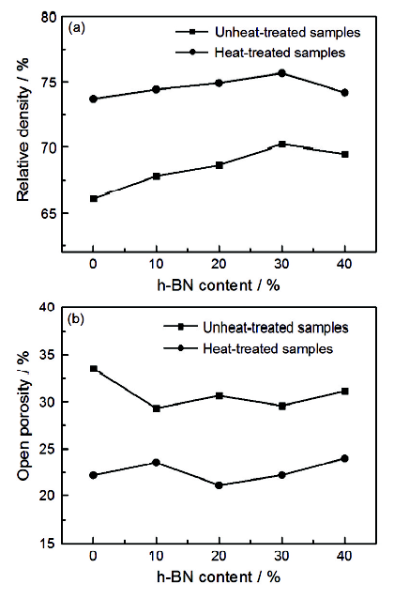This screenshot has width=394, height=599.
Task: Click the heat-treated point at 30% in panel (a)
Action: tap(281, 73)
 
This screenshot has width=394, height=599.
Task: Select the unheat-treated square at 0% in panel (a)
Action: tap(94, 199)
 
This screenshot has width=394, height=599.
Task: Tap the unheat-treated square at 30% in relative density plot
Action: tap(282, 144)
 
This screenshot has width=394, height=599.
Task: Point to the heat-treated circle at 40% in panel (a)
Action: tap(345, 92)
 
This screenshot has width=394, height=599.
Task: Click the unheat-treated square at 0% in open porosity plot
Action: tap(94, 369)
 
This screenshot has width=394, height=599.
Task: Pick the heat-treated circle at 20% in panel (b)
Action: tap(220, 485)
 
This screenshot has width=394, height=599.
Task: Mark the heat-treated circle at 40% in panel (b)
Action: tap(345, 458)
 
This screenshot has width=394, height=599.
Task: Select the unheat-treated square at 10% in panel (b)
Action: tap(156, 408)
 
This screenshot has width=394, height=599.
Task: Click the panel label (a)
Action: tap(76, 28)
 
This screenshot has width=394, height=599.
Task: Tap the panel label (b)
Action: tap(76, 318)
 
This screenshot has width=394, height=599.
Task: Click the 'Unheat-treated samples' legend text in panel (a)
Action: tap(287, 32)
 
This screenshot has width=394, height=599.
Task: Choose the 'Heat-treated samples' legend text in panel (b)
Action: tap(268, 348)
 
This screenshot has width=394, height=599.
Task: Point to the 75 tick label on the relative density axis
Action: tap(48, 82)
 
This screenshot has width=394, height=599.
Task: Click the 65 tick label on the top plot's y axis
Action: tap(48, 213)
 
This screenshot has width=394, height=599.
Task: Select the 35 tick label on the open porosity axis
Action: tap(48, 355)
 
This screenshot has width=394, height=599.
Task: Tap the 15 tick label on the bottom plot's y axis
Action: tap(48, 543)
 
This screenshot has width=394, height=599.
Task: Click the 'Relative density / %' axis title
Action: tap(23, 131)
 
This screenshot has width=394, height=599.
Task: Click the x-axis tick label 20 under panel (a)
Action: tap(220, 264)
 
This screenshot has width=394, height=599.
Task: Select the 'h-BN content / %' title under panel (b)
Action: tap(219, 576)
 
